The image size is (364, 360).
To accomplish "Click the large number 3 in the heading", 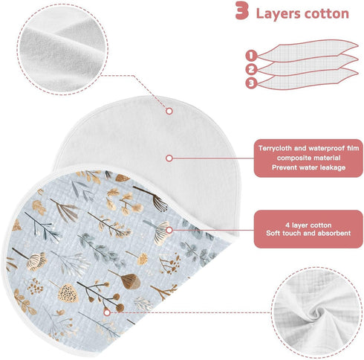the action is tap(241, 11).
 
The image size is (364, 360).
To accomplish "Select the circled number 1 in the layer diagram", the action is tap(251, 56).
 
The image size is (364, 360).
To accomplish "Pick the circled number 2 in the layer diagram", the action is tap(251, 69).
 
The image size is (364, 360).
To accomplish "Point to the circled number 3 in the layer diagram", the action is tap(251, 83).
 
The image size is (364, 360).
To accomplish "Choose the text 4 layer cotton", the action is tap(308, 225).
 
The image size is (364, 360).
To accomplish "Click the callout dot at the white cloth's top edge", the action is tap(169, 111).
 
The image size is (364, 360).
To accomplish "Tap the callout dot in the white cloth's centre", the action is tap(169, 158).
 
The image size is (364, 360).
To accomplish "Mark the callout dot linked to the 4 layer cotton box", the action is tap(169, 230).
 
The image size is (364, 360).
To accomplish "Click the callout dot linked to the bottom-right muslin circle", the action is tap(107, 312).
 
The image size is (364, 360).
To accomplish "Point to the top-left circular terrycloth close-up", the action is tap(62, 49).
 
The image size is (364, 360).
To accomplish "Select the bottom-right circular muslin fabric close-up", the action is tap(316, 312).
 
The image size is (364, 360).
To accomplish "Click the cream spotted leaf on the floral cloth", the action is tap(68, 293).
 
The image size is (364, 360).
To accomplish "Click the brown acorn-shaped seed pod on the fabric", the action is tap(131, 281).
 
